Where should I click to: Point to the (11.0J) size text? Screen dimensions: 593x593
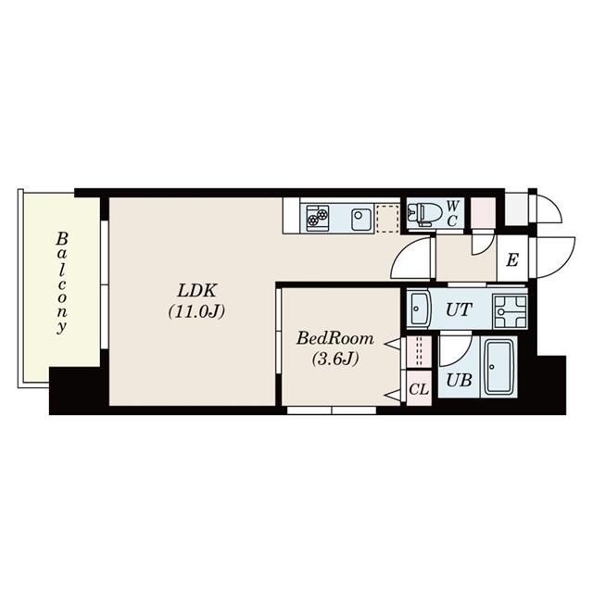tap(196, 311)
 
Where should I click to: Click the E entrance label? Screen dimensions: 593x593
tap(511, 260)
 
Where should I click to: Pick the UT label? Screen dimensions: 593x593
tap(459, 309)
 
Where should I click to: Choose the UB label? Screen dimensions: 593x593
tap(458, 380)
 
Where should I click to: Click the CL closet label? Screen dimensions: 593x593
tap(418, 389)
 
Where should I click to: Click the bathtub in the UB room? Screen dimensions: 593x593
tap(499, 368)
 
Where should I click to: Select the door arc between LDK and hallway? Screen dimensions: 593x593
tap(411, 259)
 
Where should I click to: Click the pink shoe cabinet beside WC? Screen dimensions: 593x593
tap(483, 213)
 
